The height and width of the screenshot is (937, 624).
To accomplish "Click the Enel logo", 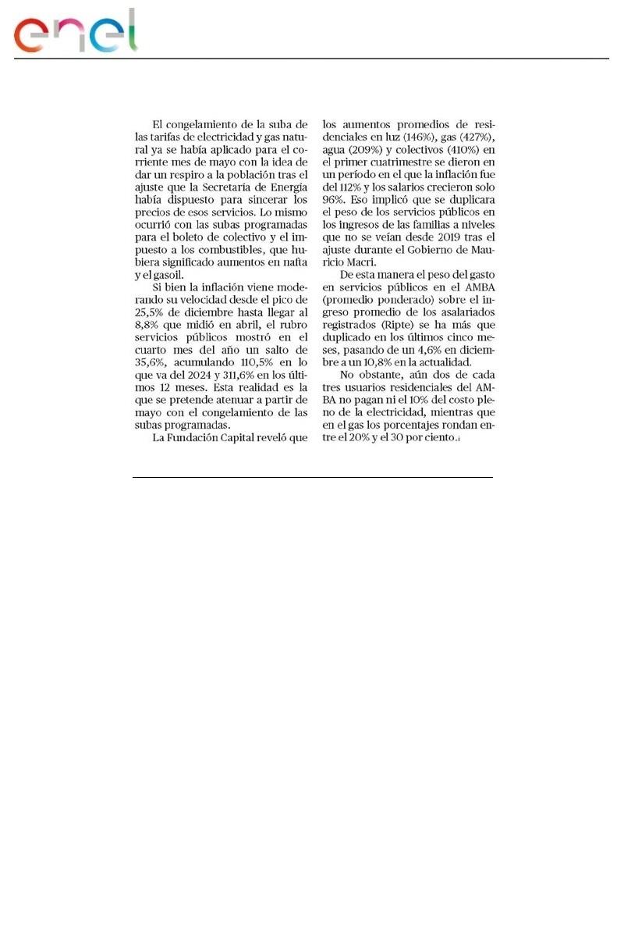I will (76, 31).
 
